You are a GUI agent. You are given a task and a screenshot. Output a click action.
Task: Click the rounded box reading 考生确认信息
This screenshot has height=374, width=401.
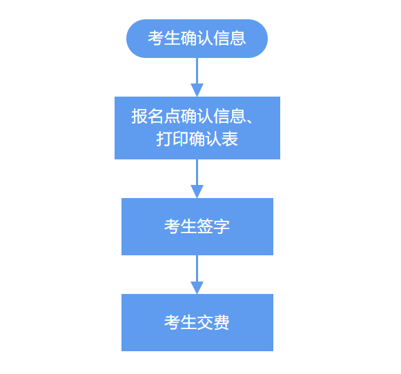point(197,39)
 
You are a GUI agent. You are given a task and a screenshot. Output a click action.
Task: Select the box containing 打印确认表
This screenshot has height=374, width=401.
point(197,128)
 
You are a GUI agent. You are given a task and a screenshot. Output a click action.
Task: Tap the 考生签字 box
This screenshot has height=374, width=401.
point(197,226)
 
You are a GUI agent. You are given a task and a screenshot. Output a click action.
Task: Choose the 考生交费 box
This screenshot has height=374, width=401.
point(197,322)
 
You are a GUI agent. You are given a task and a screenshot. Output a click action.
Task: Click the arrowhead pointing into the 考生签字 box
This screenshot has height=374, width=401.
point(197,191)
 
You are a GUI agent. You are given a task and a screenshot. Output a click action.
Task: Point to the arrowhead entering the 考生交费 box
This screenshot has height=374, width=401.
point(197,288)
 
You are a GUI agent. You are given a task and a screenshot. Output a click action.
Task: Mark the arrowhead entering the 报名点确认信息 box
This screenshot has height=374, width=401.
point(197,90)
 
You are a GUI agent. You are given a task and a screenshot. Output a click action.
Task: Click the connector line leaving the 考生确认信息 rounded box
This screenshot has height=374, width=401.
point(197,71)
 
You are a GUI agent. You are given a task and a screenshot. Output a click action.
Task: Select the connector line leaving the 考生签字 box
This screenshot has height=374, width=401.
point(197,268)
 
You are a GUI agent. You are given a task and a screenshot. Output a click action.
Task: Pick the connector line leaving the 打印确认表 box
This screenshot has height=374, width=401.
point(197,173)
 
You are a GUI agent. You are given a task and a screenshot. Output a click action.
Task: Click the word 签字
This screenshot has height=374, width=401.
point(213,226)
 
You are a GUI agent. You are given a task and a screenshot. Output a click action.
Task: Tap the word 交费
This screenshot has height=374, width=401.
point(213,322)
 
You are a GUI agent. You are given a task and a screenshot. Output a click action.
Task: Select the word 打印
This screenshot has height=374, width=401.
point(173,139)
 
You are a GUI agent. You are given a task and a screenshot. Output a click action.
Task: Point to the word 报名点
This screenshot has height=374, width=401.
point(156,117)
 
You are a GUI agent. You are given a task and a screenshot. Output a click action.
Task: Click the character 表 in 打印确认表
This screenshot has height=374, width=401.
point(230,139)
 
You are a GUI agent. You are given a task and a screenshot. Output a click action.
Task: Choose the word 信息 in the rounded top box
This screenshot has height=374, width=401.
point(230,39)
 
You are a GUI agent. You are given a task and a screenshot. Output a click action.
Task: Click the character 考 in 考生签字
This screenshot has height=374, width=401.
point(173,226)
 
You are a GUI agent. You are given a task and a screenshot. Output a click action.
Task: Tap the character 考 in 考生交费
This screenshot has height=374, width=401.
point(173,322)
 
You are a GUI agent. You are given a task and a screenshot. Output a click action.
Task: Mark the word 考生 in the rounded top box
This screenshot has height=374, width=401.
point(164,39)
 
